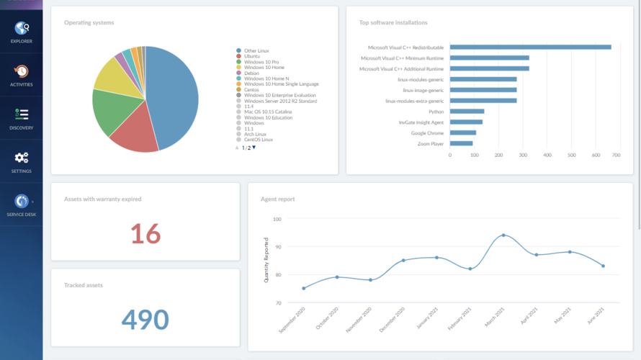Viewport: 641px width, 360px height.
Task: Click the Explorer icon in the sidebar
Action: pyautogui.click(x=22, y=29)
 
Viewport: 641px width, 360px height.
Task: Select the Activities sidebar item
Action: pyautogui.click(x=22, y=72)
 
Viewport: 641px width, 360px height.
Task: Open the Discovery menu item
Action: pyautogui.click(x=22, y=115)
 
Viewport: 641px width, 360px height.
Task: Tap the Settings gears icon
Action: pyautogui.click(x=22, y=158)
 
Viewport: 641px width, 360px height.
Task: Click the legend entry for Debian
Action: pyautogui.click(x=251, y=73)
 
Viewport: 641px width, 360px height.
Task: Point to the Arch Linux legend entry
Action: pyautogui.click(x=255, y=134)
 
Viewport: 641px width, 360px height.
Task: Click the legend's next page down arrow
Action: pyautogui.click(x=254, y=148)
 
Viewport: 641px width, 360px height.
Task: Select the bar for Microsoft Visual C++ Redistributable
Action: pyautogui.click(x=530, y=48)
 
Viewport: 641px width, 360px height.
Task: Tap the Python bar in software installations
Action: pyautogui.click(x=467, y=112)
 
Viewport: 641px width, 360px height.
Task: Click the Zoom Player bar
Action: pyautogui.click(x=461, y=143)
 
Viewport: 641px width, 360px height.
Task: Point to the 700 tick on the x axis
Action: pyautogui.click(x=617, y=155)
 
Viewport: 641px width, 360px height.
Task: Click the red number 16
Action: pyautogui.click(x=145, y=233)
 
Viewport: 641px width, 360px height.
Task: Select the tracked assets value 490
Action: pyautogui.click(x=145, y=320)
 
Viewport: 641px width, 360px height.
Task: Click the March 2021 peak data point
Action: pyautogui.click(x=503, y=235)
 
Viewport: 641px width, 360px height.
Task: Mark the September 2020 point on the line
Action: pyautogui.click(x=303, y=288)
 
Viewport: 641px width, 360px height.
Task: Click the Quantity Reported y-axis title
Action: pyautogui.click(x=266, y=259)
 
